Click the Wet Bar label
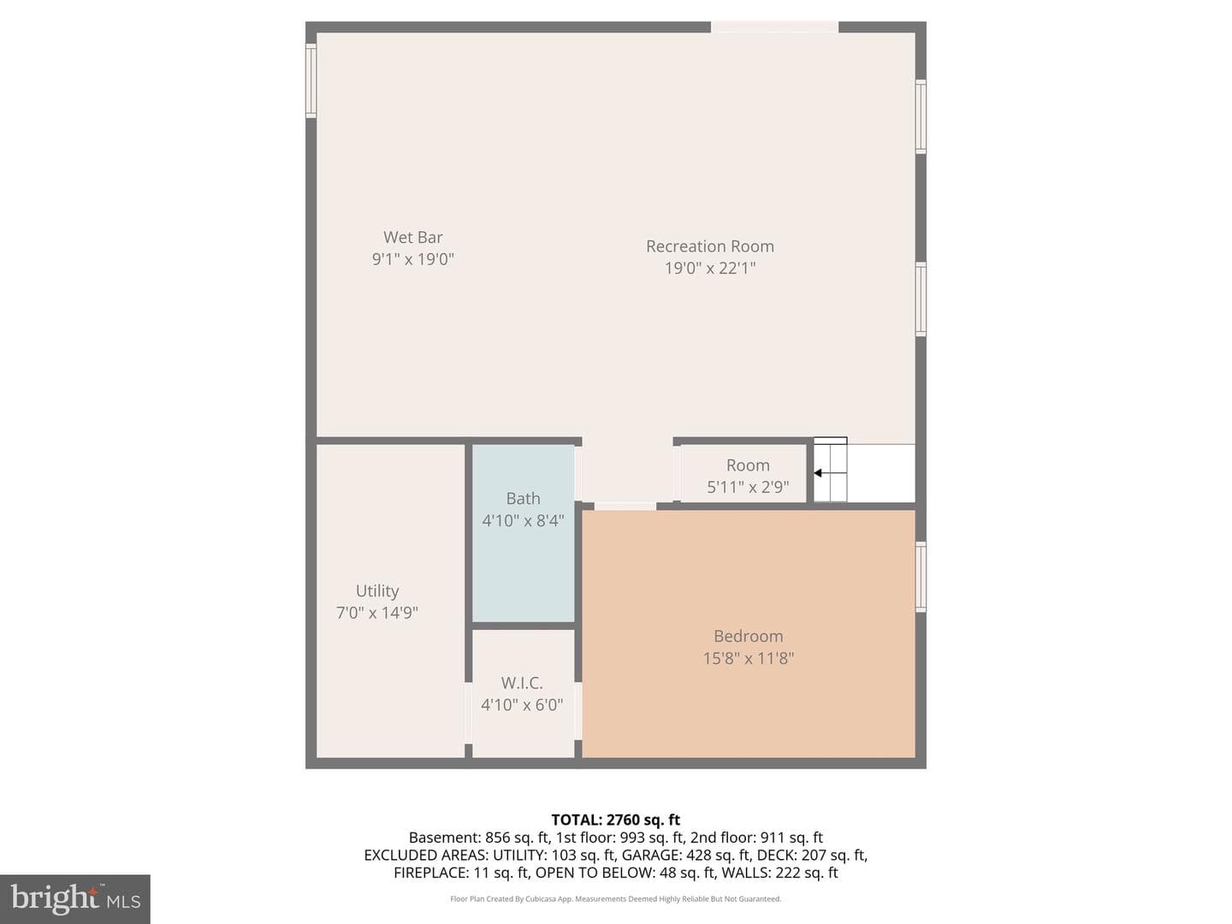(x=413, y=237)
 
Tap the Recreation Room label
(x=710, y=246)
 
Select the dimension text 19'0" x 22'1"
(x=710, y=268)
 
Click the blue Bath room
(x=523, y=533)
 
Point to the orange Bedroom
(x=749, y=634)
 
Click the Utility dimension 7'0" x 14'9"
(x=377, y=613)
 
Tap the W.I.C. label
(x=522, y=683)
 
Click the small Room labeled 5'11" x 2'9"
(x=743, y=473)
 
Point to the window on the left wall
(x=311, y=80)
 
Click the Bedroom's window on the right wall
(x=921, y=577)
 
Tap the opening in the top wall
(x=774, y=27)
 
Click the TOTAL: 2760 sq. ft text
(x=616, y=820)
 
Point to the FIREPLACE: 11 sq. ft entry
(x=462, y=873)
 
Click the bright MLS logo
(x=75, y=899)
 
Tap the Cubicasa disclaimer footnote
(x=616, y=898)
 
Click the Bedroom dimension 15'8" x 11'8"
(x=749, y=658)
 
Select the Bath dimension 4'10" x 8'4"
(x=523, y=521)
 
